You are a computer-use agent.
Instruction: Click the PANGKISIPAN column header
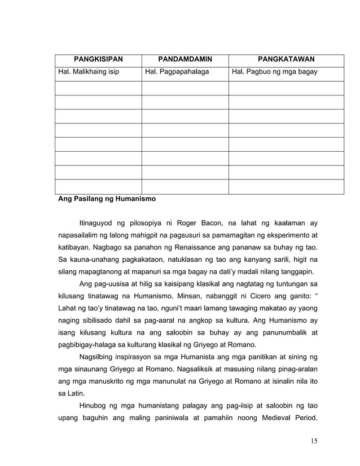[98, 60]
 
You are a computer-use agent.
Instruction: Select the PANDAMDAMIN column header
[185, 60]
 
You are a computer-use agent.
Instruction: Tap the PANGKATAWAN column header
[286, 60]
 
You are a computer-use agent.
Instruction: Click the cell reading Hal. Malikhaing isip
[87, 72]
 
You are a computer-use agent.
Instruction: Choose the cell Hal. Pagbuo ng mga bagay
[275, 72]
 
